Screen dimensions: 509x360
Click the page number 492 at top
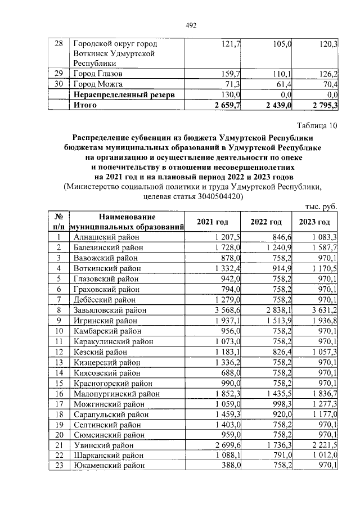[x=190, y=25]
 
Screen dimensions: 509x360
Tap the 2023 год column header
[x=314, y=222]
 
